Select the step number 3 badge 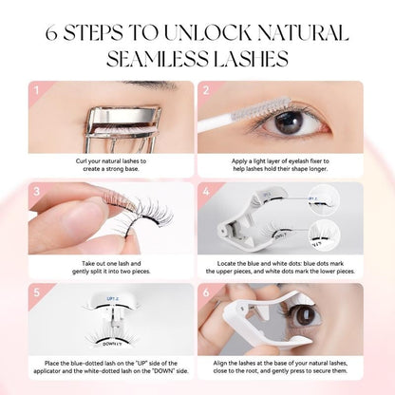click(x=36, y=189)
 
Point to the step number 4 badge click(x=206, y=189)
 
